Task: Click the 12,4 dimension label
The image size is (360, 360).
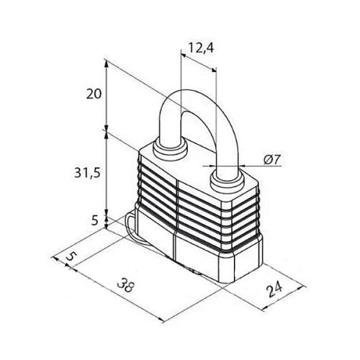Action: tap(201, 48)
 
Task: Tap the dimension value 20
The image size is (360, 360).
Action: tap(94, 94)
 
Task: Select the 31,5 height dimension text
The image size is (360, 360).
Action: tap(87, 173)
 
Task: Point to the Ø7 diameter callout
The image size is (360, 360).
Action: tap(272, 160)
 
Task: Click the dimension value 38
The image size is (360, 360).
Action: tap(125, 284)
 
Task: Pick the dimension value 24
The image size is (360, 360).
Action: tap(275, 289)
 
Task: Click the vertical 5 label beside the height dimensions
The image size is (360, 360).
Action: tap(95, 220)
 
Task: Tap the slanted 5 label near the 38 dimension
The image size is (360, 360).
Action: tap(70, 256)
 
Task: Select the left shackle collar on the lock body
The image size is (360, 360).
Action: tap(170, 150)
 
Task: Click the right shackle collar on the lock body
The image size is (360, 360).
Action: tap(228, 181)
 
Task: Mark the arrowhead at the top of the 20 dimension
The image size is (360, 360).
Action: tap(107, 63)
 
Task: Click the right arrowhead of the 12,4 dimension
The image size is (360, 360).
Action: tap(214, 70)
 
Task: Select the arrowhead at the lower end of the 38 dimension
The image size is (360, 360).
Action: tap(161, 320)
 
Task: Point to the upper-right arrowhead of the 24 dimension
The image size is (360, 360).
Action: tap(302, 287)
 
